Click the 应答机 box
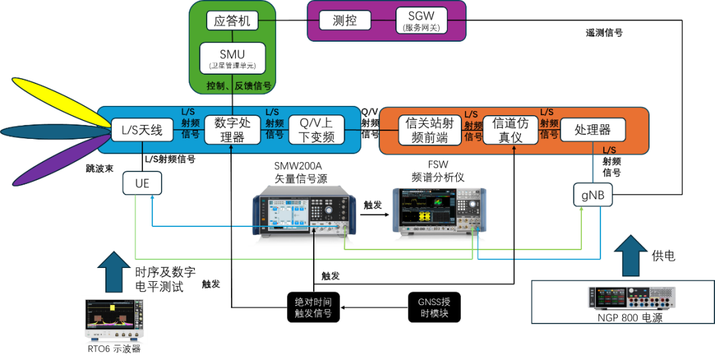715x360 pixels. click(x=232, y=21)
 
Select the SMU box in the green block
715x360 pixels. click(x=232, y=58)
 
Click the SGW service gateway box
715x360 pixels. click(x=422, y=21)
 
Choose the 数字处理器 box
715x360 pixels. click(x=231, y=130)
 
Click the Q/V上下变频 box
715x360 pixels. click(x=316, y=130)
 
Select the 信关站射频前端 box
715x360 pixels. click(x=430, y=130)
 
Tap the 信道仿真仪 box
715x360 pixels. click(x=511, y=130)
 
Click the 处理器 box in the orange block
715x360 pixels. click(x=592, y=130)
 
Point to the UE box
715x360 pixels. click(x=142, y=183)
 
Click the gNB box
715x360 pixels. click(x=593, y=195)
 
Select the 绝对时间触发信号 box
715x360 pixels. click(x=314, y=307)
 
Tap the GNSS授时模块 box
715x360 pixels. click(x=434, y=307)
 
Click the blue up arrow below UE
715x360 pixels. click(x=114, y=271)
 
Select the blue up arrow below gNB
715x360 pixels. click(x=630, y=255)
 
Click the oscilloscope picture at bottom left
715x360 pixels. click(x=115, y=320)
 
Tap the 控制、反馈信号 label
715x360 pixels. click(x=238, y=86)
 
